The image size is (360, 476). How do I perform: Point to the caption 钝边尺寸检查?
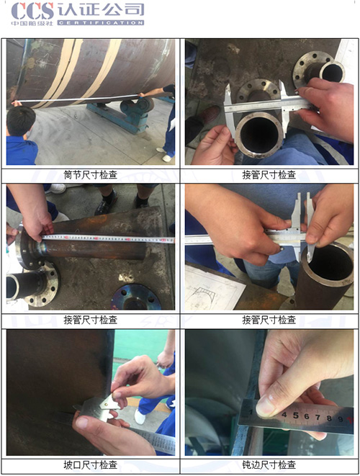tap(269, 464)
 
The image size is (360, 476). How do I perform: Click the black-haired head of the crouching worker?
tap(19, 120)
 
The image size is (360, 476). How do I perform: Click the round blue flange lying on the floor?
tap(137, 296)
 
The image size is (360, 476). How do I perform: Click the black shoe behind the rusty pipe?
tap(107, 204)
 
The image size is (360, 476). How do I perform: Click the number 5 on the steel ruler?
tap(294, 416)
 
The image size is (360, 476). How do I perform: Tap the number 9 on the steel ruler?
tap(329, 418)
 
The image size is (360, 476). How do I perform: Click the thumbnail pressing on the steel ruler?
tap(266, 406)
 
